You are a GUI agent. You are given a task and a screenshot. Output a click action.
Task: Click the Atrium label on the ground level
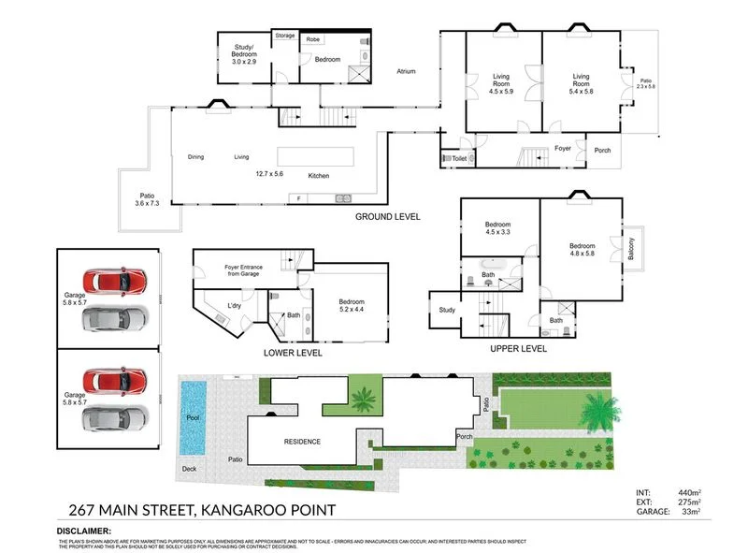(x=406, y=71)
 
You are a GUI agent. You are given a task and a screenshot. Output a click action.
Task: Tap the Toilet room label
(x=459, y=159)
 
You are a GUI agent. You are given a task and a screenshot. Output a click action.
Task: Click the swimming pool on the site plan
(x=193, y=417)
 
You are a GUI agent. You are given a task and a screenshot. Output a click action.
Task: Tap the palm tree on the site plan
(x=597, y=409)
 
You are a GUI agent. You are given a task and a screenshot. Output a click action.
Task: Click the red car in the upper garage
(x=115, y=280)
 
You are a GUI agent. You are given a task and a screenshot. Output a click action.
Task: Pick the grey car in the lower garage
(x=115, y=418)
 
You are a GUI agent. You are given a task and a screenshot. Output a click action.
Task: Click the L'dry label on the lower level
(x=236, y=306)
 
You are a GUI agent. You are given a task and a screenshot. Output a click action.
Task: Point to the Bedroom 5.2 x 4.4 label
(x=352, y=306)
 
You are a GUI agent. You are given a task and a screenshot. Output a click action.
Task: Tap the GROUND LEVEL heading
(x=387, y=216)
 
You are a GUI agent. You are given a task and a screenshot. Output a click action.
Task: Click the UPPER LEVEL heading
(x=518, y=348)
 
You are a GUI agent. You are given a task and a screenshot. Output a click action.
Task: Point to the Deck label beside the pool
(x=191, y=469)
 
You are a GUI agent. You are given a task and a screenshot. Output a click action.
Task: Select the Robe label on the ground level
(x=314, y=39)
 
